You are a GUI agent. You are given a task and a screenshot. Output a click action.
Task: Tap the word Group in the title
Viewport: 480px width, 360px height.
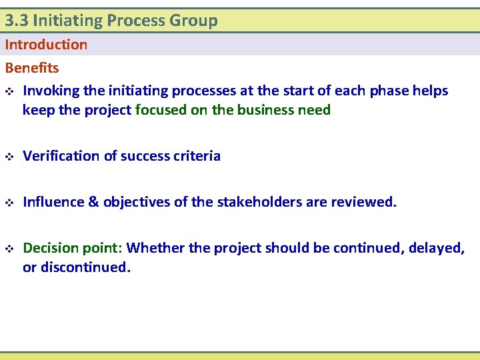click(193, 21)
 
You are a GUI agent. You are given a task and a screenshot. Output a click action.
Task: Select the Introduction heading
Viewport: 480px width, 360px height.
click(46, 45)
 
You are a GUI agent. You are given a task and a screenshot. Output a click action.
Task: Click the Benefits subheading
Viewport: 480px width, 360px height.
click(32, 68)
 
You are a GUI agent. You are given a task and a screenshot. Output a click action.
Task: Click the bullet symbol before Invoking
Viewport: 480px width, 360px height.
click(9, 91)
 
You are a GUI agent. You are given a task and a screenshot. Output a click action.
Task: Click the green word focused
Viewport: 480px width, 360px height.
click(161, 110)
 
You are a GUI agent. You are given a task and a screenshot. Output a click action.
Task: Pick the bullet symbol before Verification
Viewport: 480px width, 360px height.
click(9, 157)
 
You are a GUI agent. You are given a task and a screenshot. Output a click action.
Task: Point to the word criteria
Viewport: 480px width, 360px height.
click(197, 156)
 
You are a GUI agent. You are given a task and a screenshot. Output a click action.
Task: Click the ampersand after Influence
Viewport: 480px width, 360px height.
click(93, 202)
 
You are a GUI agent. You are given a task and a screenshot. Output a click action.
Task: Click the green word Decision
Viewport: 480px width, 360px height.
click(51, 249)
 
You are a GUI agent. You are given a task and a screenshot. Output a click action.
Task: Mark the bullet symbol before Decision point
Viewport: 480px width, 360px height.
click(9, 249)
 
